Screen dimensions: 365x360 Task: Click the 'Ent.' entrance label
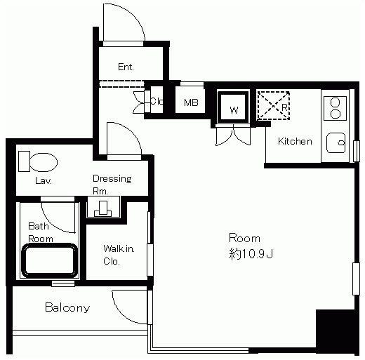[x=126, y=67]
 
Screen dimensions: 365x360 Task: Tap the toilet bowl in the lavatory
[x=44, y=162]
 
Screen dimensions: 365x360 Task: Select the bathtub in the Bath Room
[x=49, y=261]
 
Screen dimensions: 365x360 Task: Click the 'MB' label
[x=191, y=102]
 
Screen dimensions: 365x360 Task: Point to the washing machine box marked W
[x=233, y=107]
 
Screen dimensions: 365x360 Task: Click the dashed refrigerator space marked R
[x=274, y=105]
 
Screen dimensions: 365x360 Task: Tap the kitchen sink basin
[x=336, y=143]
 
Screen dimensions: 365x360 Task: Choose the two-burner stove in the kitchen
[x=335, y=109]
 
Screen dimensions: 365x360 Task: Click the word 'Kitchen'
[x=295, y=141]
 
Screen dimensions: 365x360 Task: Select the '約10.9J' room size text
[x=251, y=254]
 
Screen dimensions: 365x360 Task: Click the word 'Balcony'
[x=67, y=307]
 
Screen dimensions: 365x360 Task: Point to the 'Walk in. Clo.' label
[x=119, y=255]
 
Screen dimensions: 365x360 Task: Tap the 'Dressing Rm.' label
[x=112, y=185]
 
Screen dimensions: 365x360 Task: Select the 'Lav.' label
[x=44, y=180]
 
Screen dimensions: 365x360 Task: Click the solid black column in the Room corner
[x=336, y=330]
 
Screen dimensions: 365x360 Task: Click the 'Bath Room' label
[x=40, y=232]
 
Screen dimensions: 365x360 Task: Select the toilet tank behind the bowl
[x=24, y=161]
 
